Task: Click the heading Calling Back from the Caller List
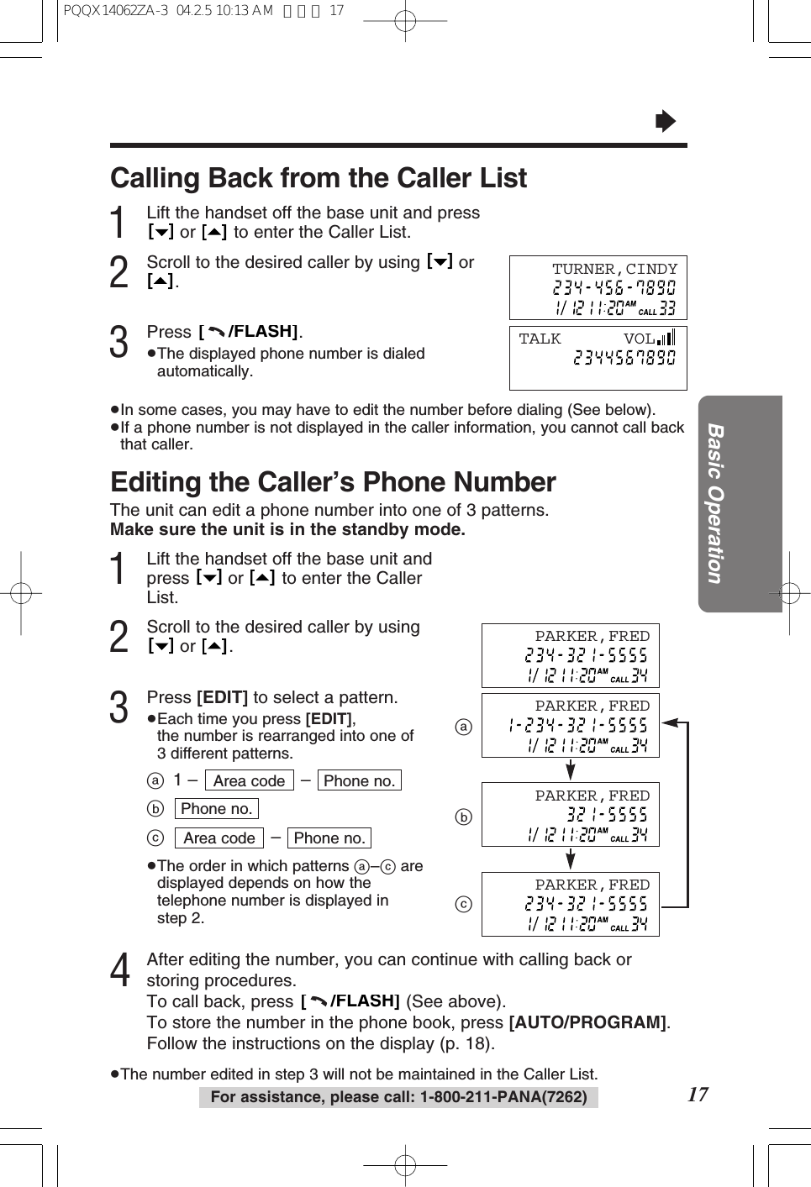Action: [x=319, y=178]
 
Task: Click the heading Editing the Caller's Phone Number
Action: [x=333, y=482]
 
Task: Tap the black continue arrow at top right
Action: [x=665, y=122]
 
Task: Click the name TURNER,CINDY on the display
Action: [x=614, y=269]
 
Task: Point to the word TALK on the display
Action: [x=540, y=339]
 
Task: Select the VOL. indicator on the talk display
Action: [x=648, y=339]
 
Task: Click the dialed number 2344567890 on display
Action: [x=624, y=359]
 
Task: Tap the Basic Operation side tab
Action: [x=715, y=503]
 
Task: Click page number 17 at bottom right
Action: [x=698, y=1094]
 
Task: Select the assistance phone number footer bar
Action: [x=398, y=1097]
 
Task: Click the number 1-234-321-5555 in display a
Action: [x=577, y=725]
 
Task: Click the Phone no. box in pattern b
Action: [x=216, y=809]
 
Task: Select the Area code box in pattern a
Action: [x=249, y=780]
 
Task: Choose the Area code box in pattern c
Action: [x=219, y=838]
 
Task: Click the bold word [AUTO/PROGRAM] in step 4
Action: [x=588, y=1022]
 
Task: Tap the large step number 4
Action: [x=120, y=970]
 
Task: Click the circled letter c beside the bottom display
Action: [x=464, y=905]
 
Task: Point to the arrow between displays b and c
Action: [x=571, y=859]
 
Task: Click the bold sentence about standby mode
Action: [x=287, y=530]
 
